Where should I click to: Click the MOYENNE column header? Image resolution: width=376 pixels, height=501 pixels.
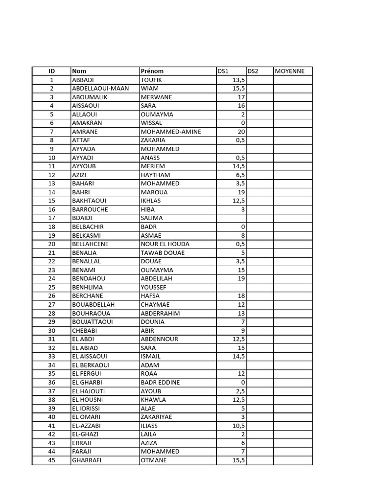[x=290, y=71]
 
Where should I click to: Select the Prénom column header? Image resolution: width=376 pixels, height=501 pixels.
[x=152, y=71]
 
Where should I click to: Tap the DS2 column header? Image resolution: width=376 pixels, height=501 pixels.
[x=253, y=71]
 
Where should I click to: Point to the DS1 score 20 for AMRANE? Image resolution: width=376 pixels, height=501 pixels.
[x=241, y=132]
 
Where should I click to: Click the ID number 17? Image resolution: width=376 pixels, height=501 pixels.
[x=52, y=218]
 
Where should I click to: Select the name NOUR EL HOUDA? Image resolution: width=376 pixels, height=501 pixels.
[x=164, y=244]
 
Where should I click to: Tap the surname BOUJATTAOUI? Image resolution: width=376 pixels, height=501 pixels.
[x=92, y=322]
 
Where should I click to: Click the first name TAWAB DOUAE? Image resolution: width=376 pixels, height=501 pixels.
[x=163, y=253]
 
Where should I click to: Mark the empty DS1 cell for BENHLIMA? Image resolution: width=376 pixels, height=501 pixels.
[x=231, y=287]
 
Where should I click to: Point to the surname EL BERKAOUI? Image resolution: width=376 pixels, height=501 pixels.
[x=91, y=365]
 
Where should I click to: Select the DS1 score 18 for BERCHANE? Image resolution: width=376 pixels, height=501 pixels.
[x=241, y=296]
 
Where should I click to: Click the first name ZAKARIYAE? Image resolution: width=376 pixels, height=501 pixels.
[x=156, y=417]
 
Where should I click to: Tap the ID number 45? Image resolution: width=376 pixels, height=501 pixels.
[x=52, y=460]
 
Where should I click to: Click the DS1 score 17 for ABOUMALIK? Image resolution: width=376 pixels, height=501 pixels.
[x=241, y=97]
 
